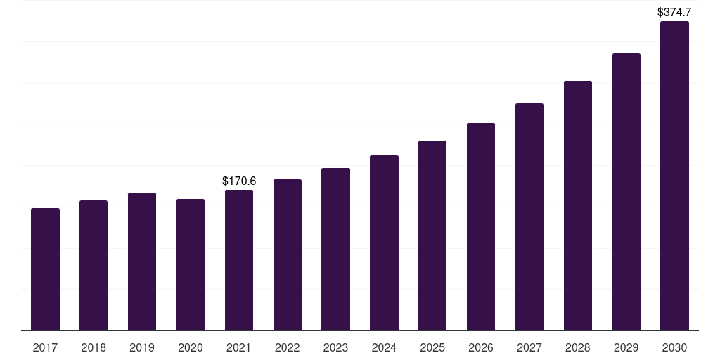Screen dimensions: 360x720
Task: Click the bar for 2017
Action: (46, 269)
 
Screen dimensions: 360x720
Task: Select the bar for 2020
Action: (191, 265)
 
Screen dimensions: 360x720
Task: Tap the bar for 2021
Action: (239, 260)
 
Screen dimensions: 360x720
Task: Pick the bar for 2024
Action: (384, 243)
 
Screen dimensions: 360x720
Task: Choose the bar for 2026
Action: (481, 227)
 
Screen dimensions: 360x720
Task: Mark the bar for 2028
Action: (578, 206)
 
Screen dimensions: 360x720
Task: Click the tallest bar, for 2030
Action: (674, 176)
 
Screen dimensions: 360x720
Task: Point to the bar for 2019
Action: (142, 262)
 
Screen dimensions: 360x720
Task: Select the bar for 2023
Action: (335, 250)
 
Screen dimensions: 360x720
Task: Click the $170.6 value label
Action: (239, 181)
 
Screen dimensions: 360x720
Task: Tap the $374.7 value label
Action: (674, 12)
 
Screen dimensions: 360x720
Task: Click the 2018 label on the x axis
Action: (94, 347)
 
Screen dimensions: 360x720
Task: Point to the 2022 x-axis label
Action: (288, 347)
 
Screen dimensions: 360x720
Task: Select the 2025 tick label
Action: (432, 347)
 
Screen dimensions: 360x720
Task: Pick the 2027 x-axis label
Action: (529, 347)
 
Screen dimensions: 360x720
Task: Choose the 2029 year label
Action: (626, 347)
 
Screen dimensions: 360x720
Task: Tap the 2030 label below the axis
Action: (674, 347)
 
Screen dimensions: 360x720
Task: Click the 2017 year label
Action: (46, 347)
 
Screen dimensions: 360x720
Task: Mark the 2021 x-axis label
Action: (239, 347)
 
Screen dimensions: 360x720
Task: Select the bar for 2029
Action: (626, 192)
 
